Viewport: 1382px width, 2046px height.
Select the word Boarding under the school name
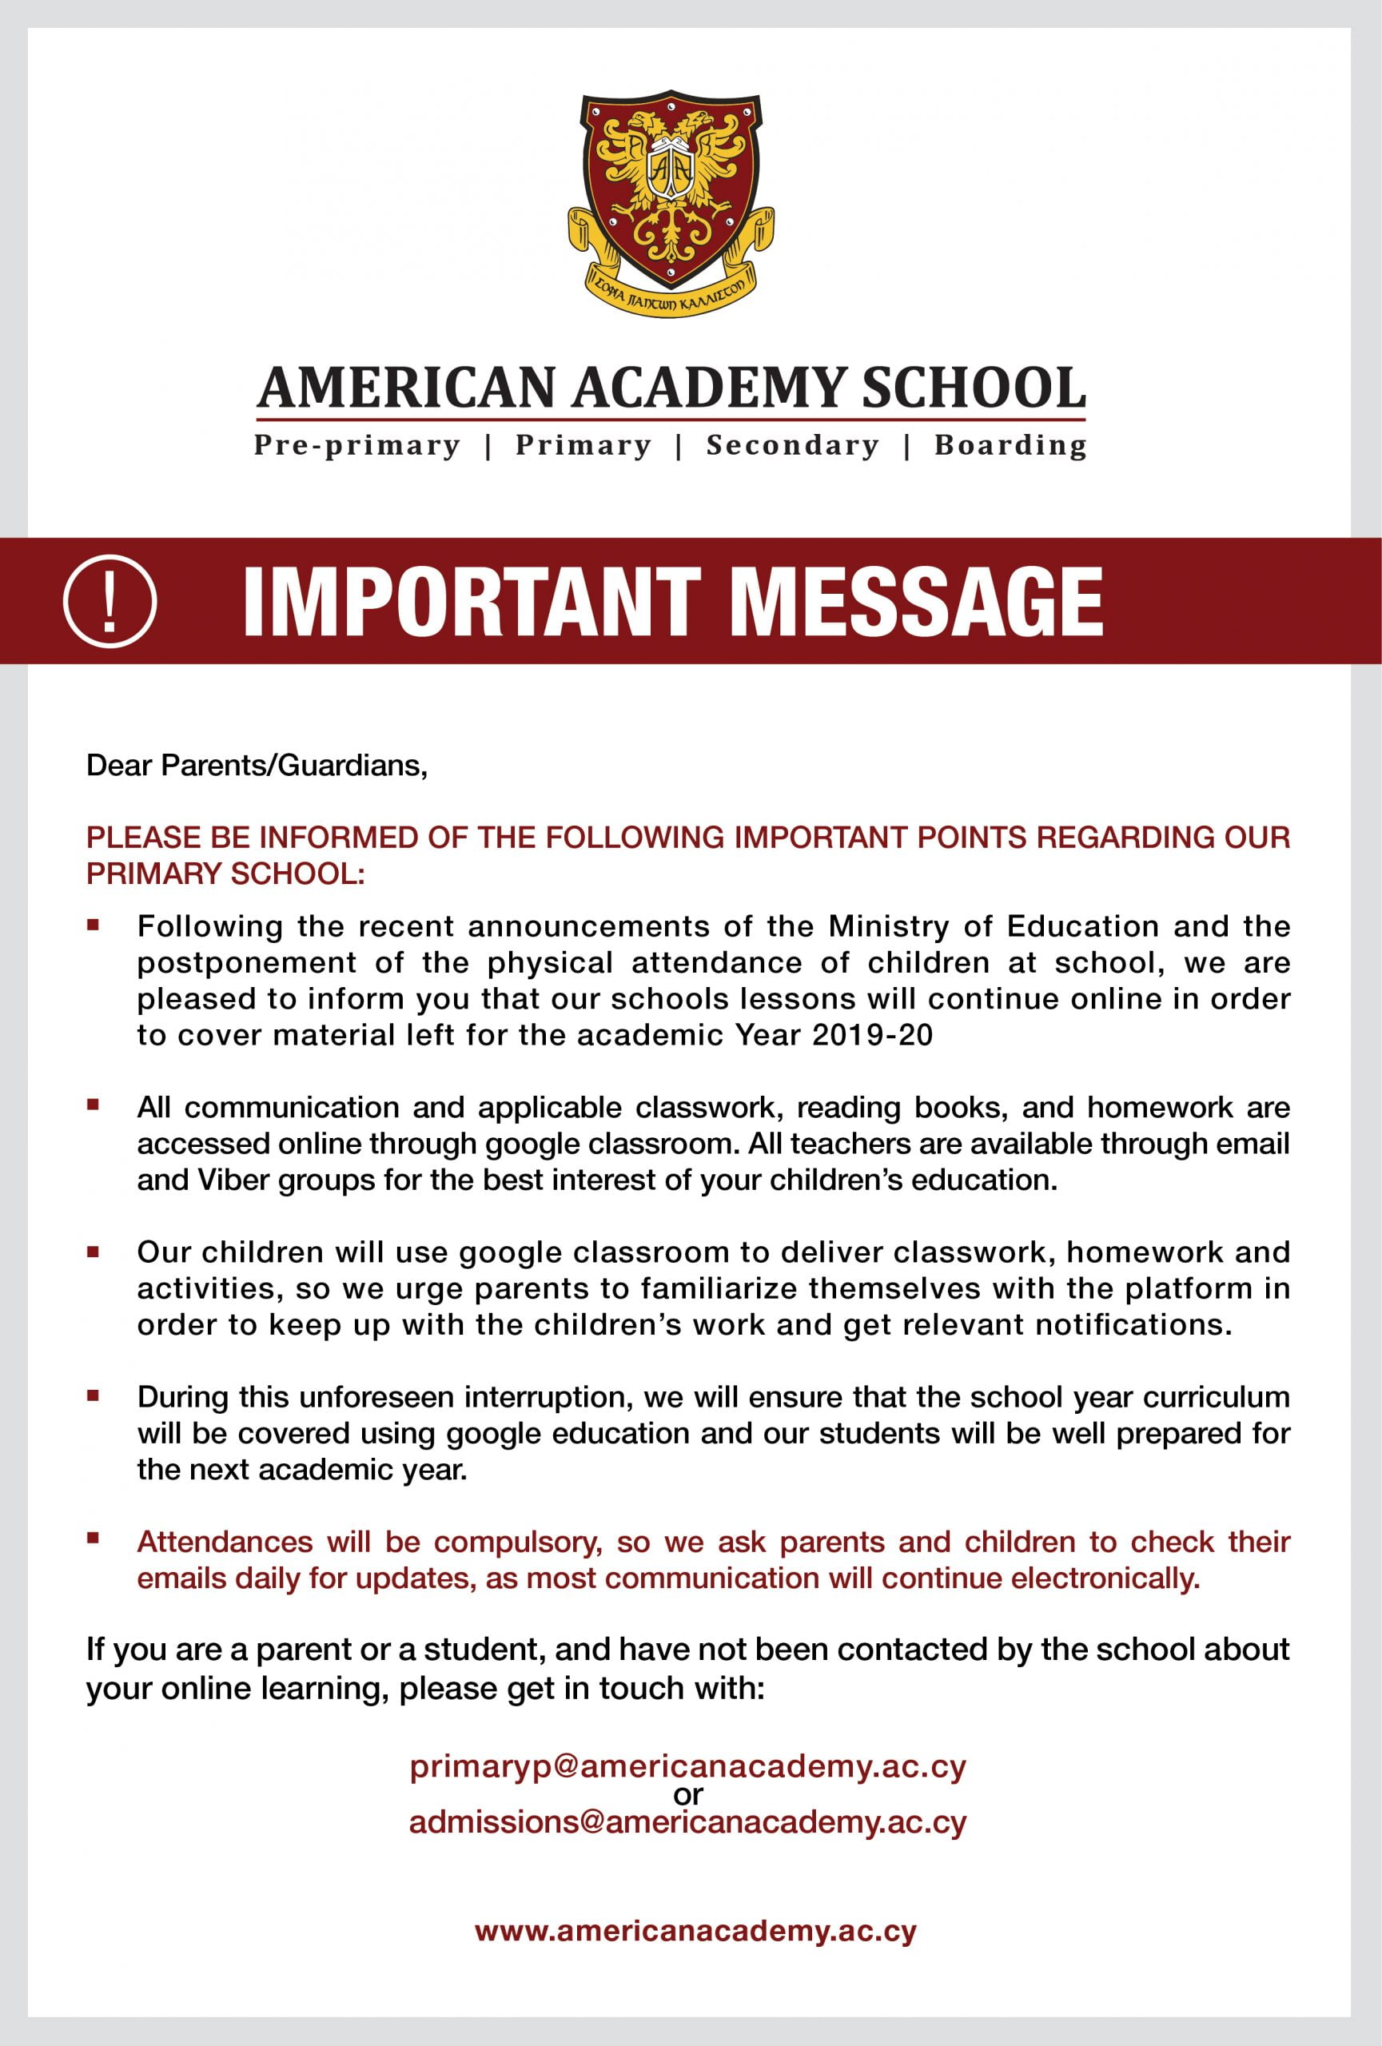tap(1010, 445)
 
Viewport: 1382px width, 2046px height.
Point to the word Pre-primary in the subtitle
tap(356, 445)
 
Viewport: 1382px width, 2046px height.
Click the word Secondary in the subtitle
tap(792, 445)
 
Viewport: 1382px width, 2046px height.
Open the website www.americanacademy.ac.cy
tap(695, 1932)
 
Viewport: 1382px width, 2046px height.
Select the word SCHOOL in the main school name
tap(973, 388)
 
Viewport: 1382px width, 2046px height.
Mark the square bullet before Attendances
tap(94, 1539)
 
